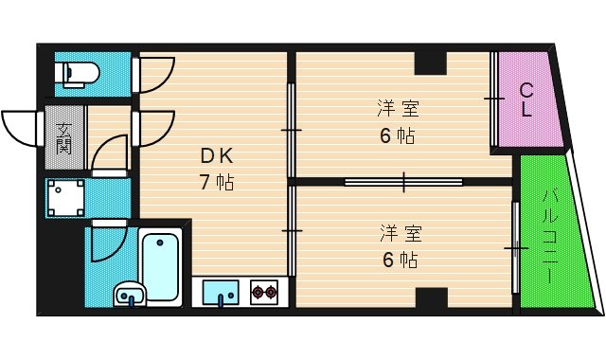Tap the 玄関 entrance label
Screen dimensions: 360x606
63,138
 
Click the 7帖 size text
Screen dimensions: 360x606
216,181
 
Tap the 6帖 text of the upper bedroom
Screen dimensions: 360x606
398,135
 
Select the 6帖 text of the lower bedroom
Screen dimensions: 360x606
398,258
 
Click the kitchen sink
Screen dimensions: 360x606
221,292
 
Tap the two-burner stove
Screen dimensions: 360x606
264,293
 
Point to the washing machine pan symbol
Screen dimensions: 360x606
65,196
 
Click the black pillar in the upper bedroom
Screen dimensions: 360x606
430,63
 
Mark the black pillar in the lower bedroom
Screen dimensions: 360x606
430,297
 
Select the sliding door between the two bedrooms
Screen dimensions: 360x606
403,180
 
